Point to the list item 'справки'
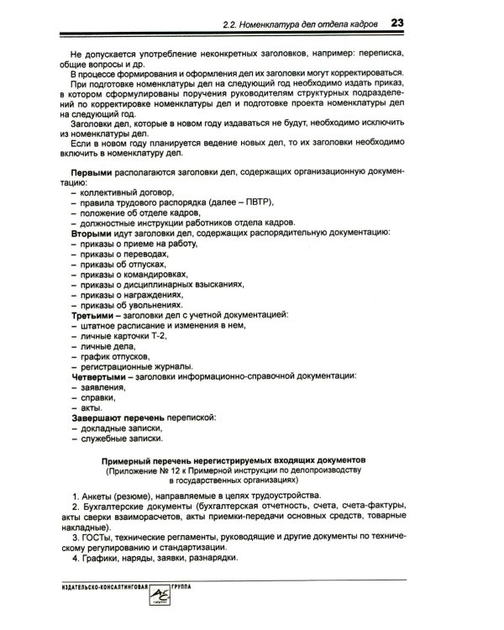[x=98, y=396]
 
